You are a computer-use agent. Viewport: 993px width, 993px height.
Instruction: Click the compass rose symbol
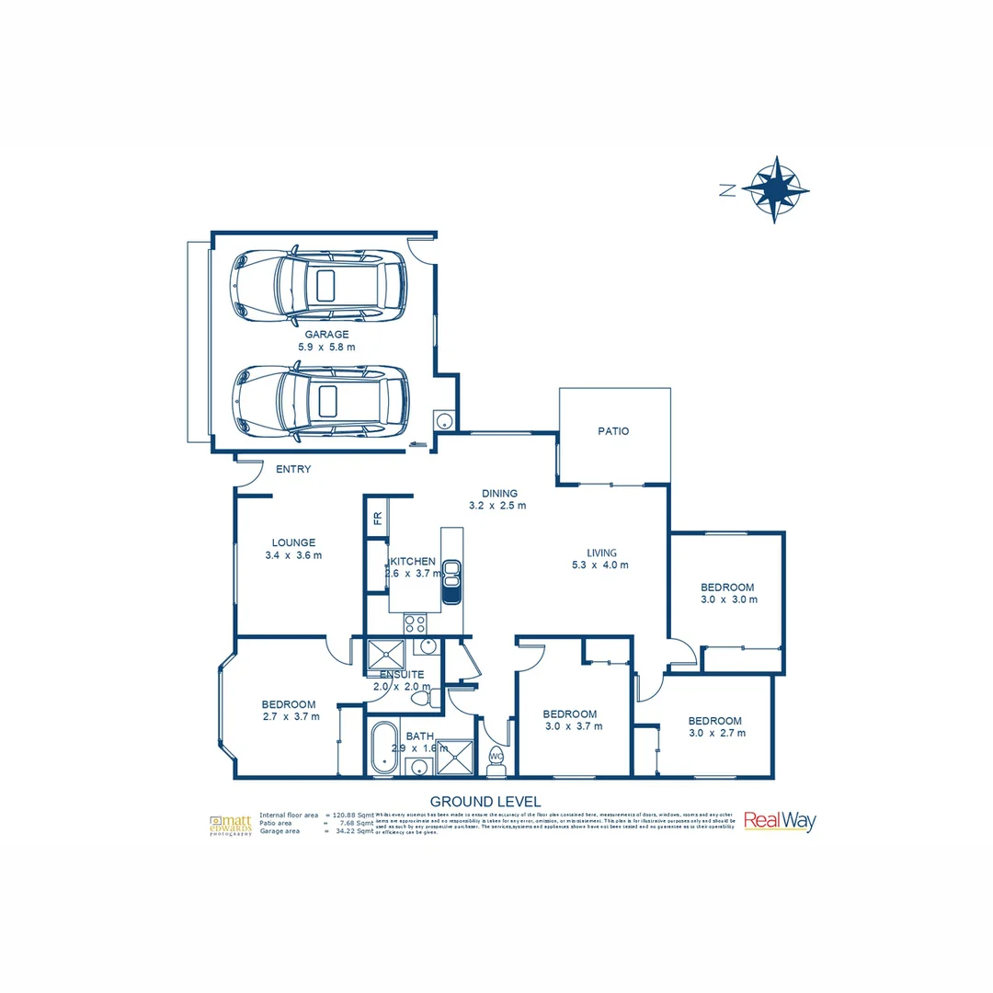[x=775, y=188]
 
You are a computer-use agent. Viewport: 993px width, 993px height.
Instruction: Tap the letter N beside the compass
[x=727, y=190]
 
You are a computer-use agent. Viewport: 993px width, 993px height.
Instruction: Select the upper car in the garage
[x=319, y=285]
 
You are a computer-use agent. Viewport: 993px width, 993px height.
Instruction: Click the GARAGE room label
[x=326, y=335]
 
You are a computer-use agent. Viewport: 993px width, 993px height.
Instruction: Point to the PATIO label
[x=613, y=430]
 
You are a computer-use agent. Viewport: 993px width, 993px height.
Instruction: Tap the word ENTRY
[x=293, y=470]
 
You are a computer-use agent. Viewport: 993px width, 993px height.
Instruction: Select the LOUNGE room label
[x=293, y=542]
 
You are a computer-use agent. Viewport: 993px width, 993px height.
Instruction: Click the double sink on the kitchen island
[x=451, y=581]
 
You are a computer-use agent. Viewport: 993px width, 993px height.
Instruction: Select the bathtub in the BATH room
[x=382, y=748]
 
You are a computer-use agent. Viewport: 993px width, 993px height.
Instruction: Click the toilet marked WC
[x=496, y=757]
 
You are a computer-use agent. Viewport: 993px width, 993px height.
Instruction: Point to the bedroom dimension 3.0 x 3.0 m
[x=727, y=599]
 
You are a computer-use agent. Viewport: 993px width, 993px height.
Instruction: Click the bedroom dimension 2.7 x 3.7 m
[x=291, y=717]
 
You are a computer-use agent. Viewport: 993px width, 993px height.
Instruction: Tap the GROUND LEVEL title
[x=485, y=802]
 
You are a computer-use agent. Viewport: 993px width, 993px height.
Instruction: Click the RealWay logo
[x=779, y=821]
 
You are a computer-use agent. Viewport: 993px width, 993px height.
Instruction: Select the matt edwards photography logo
[x=231, y=824]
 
